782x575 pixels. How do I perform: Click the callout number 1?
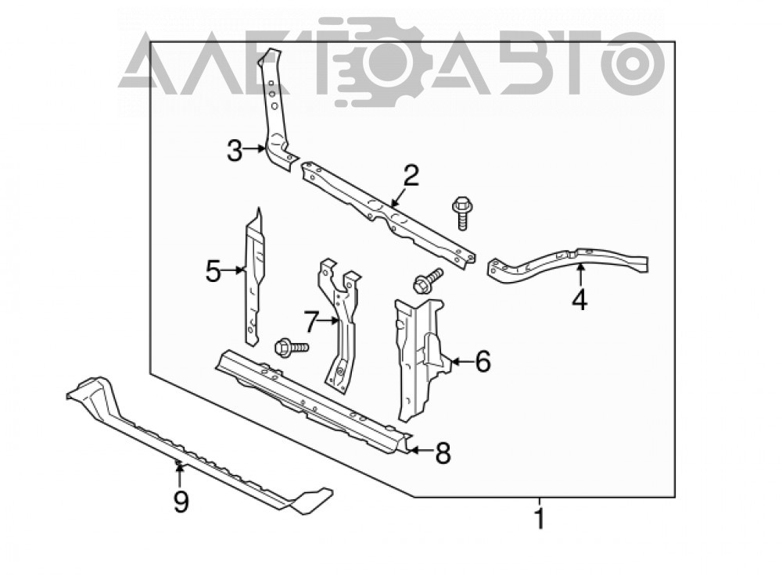click(x=539, y=519)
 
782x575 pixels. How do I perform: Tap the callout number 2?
click(x=411, y=175)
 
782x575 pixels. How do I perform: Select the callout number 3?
click(x=235, y=151)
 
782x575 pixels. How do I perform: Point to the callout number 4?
click(x=579, y=300)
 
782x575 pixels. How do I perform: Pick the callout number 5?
click(x=213, y=272)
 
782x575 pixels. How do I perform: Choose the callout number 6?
click(x=482, y=361)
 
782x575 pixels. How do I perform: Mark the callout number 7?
click(x=310, y=322)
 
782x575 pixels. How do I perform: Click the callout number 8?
click(x=443, y=453)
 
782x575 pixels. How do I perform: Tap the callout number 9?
click(x=181, y=501)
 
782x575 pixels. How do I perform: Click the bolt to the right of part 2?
click(x=462, y=212)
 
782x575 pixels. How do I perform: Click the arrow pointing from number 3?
click(x=254, y=148)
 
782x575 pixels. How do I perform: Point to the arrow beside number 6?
click(x=461, y=360)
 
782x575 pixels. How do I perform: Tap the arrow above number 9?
click(x=178, y=474)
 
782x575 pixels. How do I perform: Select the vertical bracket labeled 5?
click(x=254, y=277)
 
